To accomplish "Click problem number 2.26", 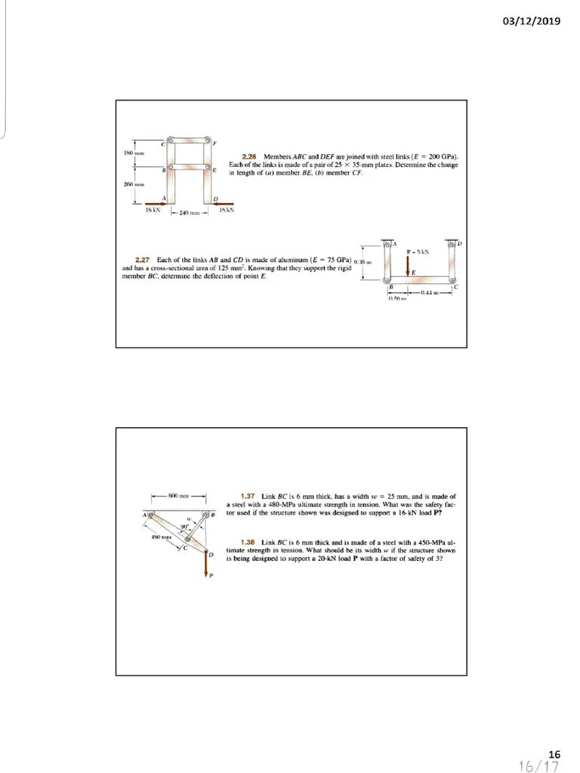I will (x=247, y=156).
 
